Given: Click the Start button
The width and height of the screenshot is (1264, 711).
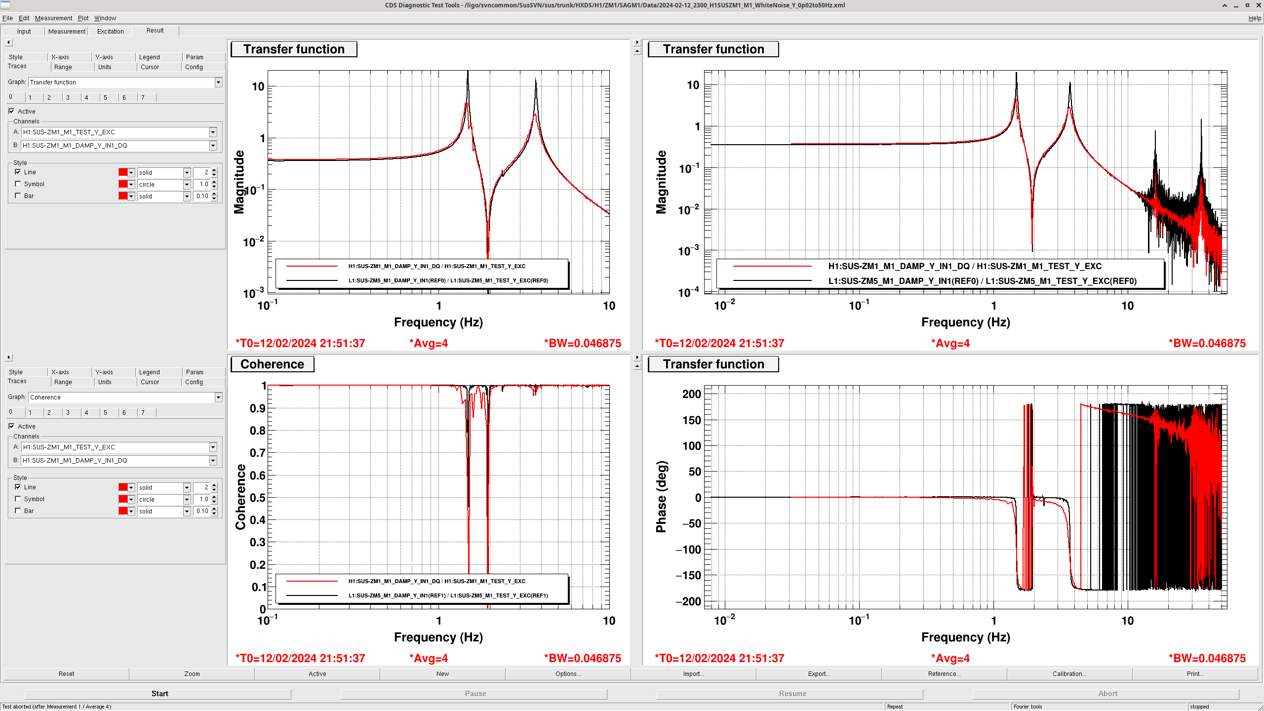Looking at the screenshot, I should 159,694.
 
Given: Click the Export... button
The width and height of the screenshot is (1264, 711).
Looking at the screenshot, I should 818,674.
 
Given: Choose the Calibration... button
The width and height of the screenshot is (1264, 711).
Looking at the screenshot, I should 1069,674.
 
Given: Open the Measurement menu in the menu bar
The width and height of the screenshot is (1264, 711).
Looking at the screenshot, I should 53,18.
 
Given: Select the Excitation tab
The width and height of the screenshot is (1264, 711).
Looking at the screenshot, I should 110,32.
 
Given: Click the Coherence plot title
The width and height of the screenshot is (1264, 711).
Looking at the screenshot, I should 272,364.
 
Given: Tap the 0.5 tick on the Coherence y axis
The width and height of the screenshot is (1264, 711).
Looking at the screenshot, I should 257,498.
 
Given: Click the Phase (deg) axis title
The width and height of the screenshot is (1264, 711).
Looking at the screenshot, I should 661,497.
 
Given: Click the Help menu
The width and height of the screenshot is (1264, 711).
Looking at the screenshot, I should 1254,18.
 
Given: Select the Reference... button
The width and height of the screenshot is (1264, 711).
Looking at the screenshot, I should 944,674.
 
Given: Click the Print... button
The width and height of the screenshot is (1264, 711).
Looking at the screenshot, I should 1194,674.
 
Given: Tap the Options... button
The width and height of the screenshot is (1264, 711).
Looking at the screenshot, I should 568,674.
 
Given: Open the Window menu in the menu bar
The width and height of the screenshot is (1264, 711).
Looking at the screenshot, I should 105,18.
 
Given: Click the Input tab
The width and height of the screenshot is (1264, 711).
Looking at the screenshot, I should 24,32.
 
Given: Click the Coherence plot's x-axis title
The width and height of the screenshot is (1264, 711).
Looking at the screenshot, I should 438,637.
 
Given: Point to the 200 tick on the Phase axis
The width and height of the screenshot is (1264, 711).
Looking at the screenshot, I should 691,394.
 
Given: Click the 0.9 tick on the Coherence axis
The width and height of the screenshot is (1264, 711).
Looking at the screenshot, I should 257,408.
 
